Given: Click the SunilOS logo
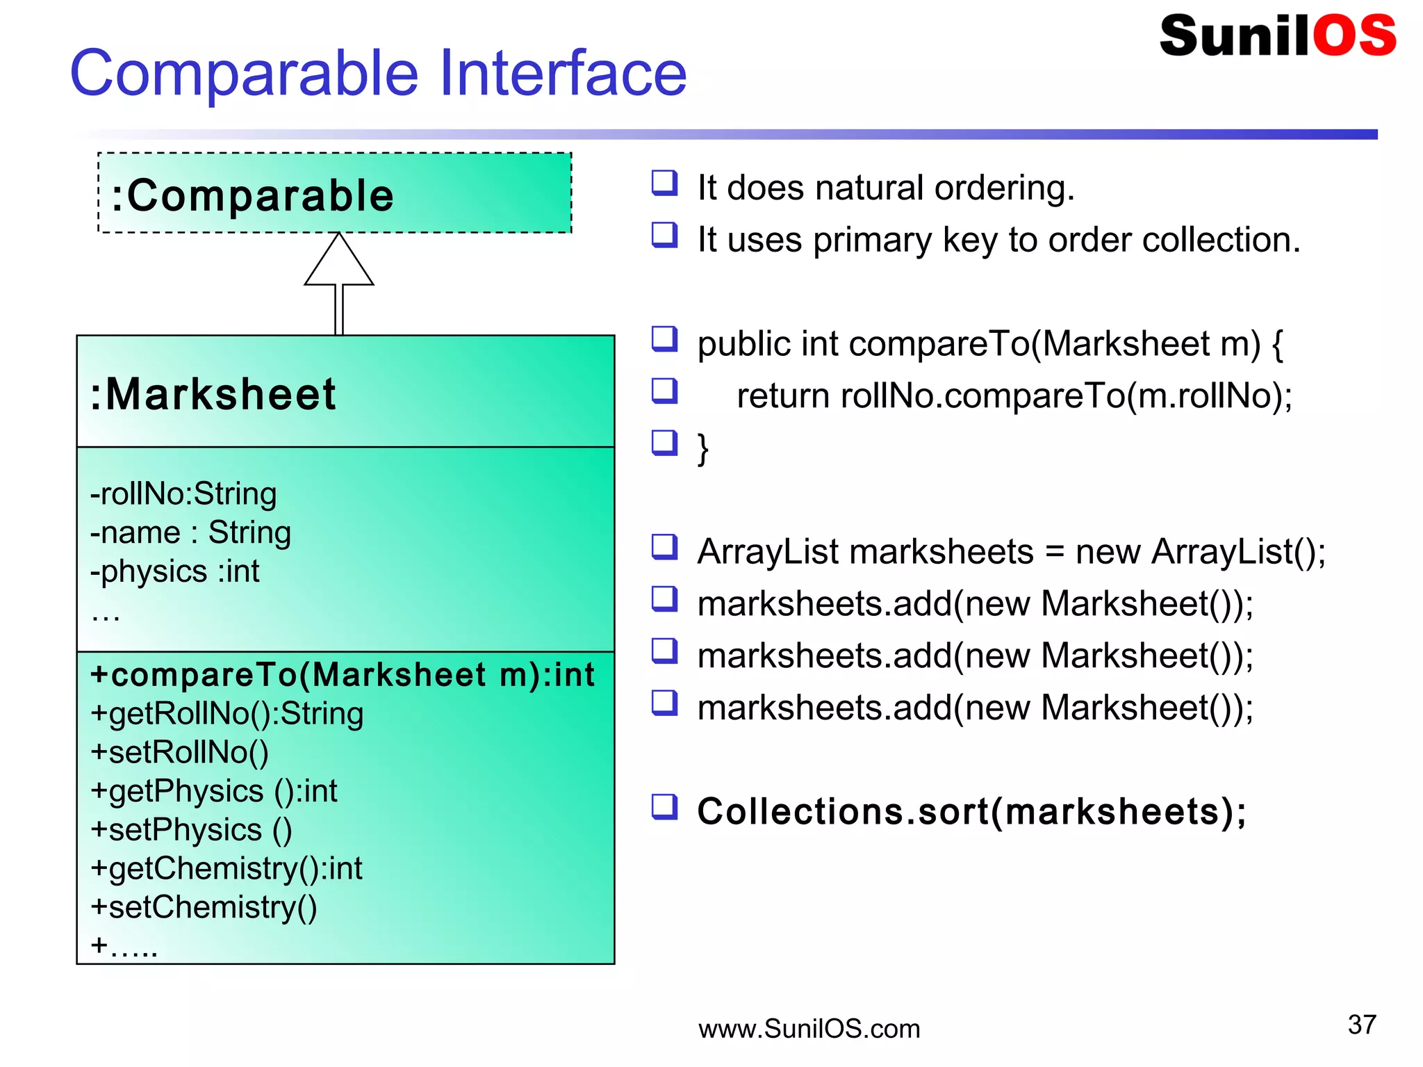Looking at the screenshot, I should (x=1277, y=36).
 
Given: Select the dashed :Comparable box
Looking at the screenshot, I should (x=334, y=194).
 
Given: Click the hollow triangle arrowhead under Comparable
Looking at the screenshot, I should (x=339, y=261).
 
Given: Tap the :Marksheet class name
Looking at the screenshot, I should (x=213, y=394).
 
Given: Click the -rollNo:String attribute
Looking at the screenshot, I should (x=183, y=494).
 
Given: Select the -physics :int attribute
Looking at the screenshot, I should (x=175, y=571).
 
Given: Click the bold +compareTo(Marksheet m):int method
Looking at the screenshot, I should (x=343, y=675).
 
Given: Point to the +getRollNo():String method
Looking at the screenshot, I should (x=227, y=714).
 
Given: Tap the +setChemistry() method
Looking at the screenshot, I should (x=204, y=907).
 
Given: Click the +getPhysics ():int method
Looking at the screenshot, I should (x=214, y=791).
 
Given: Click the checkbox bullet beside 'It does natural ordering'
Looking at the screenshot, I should (x=664, y=183).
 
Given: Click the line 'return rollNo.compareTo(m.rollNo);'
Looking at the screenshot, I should (x=1014, y=396).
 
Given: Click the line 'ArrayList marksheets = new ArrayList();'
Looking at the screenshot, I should (x=1011, y=552).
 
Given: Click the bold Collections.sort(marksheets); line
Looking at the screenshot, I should (x=971, y=811).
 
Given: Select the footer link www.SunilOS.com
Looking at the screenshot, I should (x=809, y=1029).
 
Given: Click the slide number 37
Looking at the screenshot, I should (x=1361, y=1025).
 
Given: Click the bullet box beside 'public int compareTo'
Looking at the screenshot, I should (x=664, y=339).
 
